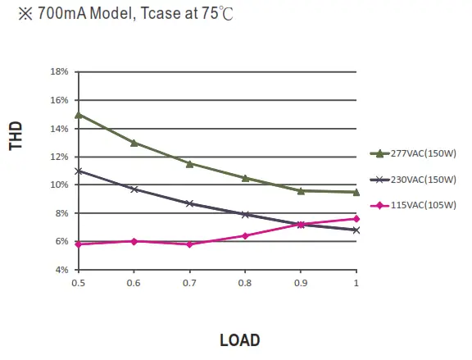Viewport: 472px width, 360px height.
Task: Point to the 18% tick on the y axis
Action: click(x=58, y=71)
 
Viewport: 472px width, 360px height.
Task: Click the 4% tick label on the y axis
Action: click(x=61, y=269)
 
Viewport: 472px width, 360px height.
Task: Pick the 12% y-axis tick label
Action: click(x=58, y=156)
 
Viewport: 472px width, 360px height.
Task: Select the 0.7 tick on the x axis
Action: click(x=189, y=283)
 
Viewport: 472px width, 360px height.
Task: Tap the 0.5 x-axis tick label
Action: click(x=78, y=283)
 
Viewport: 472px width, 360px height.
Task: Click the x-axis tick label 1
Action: click(x=356, y=283)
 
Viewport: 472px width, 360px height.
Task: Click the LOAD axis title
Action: click(x=239, y=339)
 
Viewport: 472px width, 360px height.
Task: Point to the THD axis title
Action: click(x=16, y=136)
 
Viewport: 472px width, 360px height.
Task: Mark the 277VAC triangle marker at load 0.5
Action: click(x=78, y=115)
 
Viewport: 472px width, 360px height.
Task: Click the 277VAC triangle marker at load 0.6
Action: click(x=134, y=143)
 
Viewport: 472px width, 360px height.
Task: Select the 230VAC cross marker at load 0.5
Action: click(x=78, y=171)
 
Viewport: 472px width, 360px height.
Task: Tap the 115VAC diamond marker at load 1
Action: click(x=356, y=218)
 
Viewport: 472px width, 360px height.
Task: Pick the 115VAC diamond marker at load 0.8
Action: click(x=245, y=235)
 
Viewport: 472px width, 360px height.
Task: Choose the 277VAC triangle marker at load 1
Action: click(x=356, y=192)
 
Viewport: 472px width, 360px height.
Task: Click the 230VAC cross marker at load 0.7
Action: click(x=189, y=203)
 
